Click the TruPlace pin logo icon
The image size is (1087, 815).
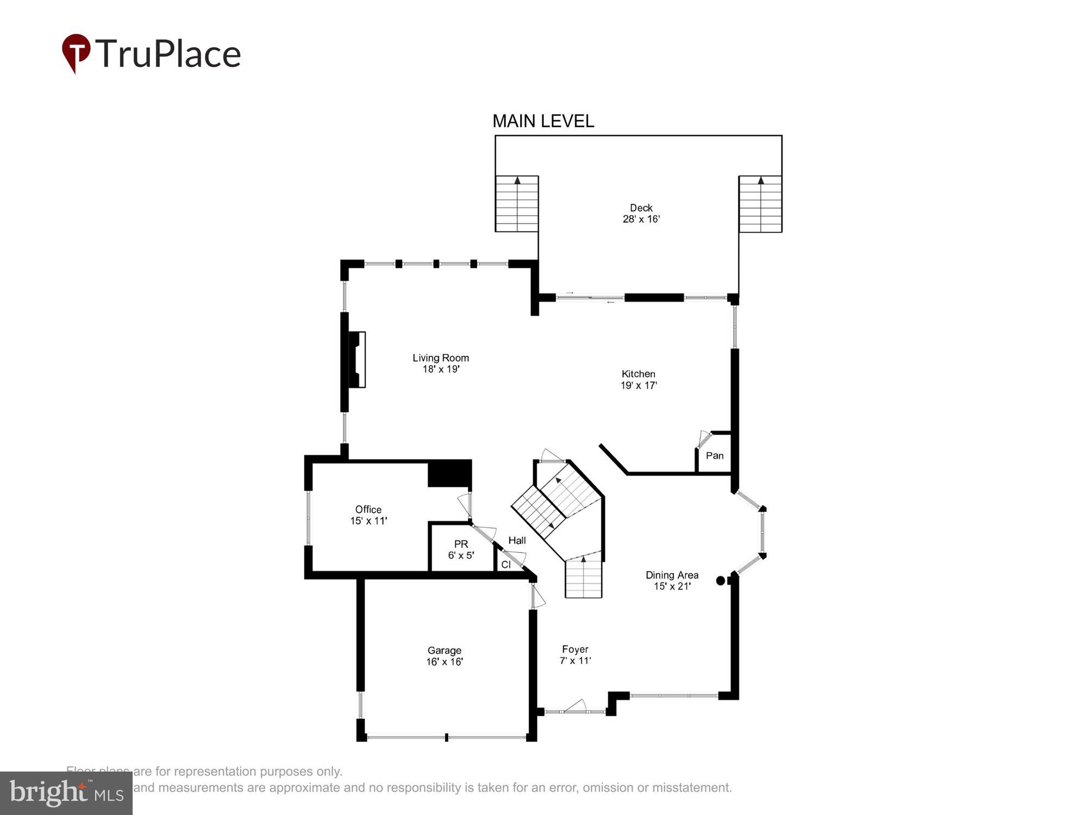pos(76,52)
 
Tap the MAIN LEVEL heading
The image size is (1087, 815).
pos(543,121)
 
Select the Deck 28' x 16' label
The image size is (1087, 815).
pos(641,214)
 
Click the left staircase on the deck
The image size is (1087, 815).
pos(516,204)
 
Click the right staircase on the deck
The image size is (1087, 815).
pos(760,204)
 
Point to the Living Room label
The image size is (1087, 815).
pos(441,363)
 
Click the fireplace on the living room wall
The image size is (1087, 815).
pos(357,359)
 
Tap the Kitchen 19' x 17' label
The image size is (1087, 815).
pos(639,379)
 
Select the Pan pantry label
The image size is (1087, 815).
pos(714,455)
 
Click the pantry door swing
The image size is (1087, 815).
pos(703,438)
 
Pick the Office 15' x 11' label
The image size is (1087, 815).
pos(368,515)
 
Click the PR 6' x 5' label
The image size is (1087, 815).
pos(461,549)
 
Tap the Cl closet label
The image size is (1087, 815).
pos(505,565)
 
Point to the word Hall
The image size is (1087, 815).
pos(517,540)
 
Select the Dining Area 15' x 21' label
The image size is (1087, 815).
pos(672,580)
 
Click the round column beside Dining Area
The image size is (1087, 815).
pos(721,580)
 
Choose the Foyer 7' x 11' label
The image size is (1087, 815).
pos(575,655)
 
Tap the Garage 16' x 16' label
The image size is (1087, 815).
pos(444,656)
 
